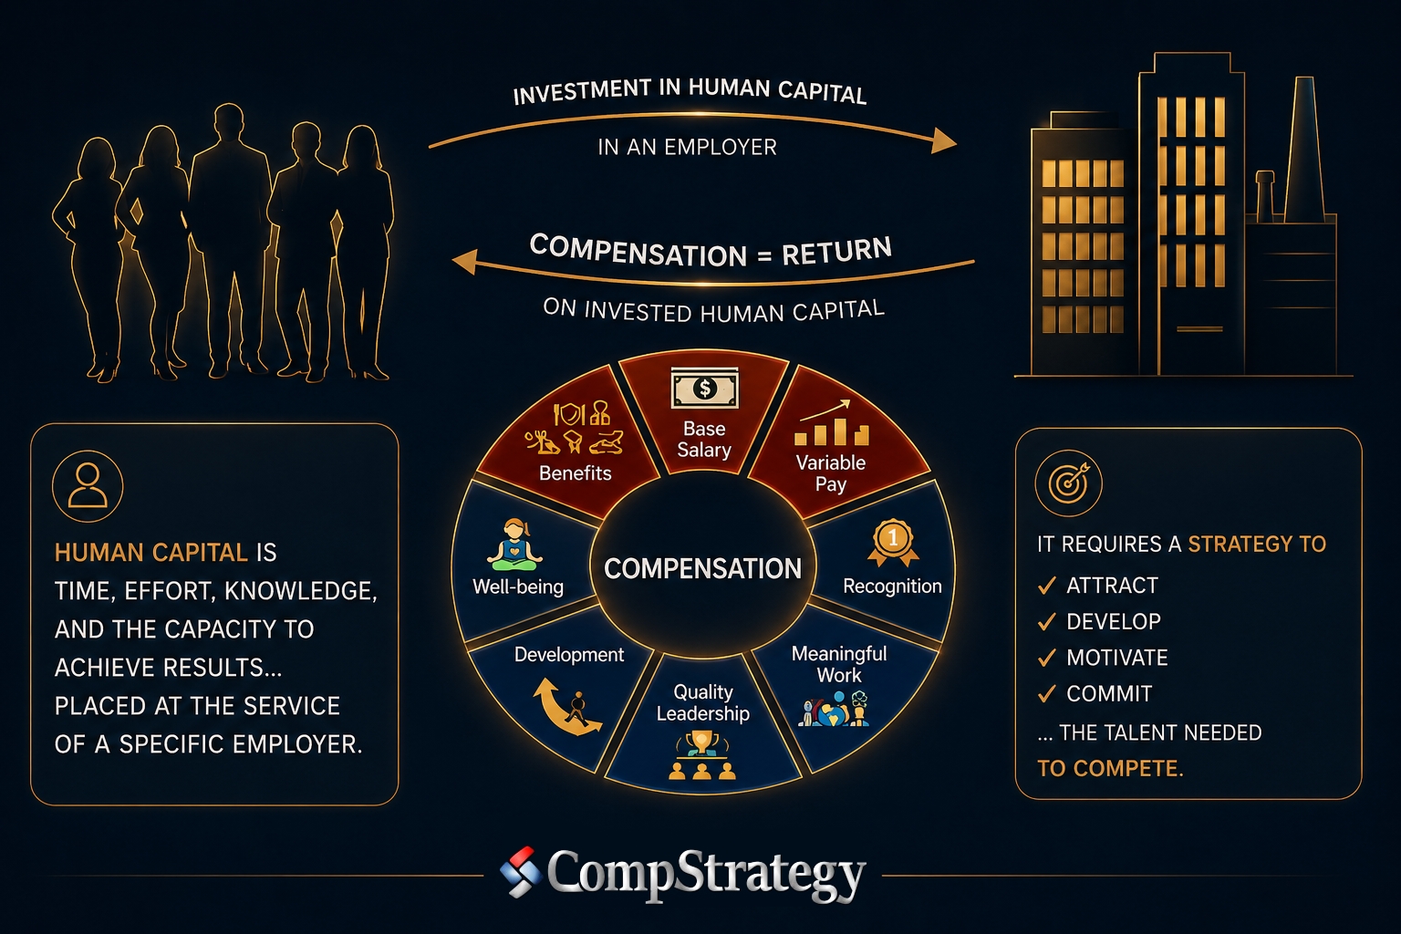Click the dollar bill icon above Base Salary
(704, 388)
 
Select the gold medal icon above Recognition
(893, 543)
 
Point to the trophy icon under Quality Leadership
(701, 756)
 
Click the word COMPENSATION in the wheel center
(702, 568)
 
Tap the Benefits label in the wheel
(575, 473)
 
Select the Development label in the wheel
(568, 654)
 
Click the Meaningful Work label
(839, 664)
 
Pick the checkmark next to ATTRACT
(1047, 586)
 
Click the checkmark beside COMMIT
(1047, 694)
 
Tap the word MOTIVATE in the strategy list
(1117, 658)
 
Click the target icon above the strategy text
(1068, 483)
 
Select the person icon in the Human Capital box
(88, 486)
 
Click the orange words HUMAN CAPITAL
(151, 553)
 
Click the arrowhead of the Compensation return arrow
(464, 262)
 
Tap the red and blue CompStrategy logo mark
(521, 871)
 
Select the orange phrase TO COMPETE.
(1110, 768)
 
